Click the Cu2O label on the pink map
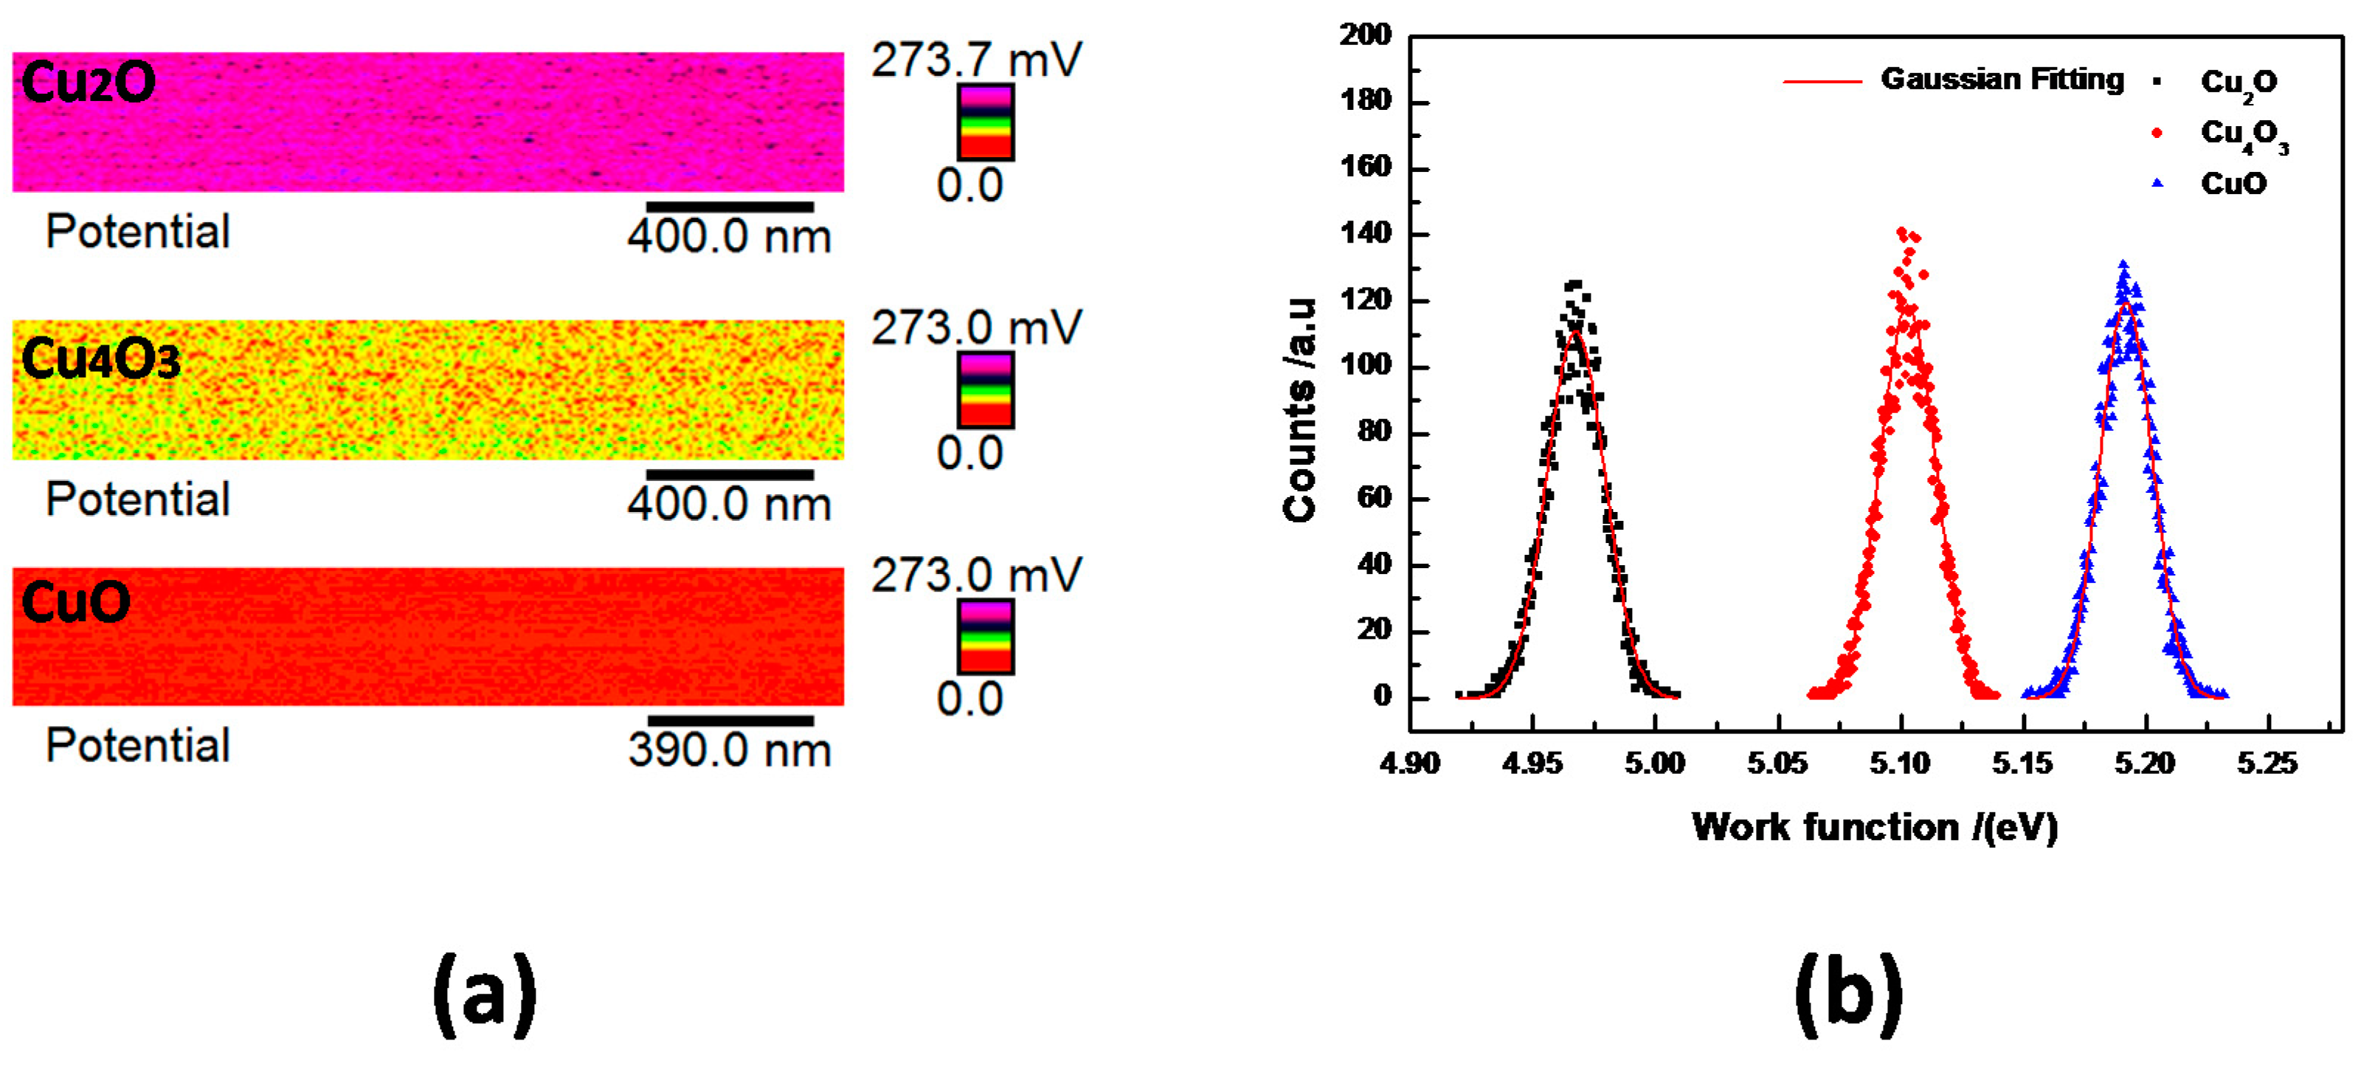(88, 83)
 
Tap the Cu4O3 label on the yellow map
(100, 359)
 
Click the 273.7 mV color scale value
(976, 60)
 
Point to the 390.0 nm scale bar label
(730, 750)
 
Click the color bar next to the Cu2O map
(985, 122)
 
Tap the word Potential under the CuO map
(137, 744)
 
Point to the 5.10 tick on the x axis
(1900, 763)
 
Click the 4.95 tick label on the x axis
(1532, 763)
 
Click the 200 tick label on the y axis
(1366, 35)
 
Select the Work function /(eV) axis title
(1874, 827)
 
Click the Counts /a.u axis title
(1299, 411)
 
